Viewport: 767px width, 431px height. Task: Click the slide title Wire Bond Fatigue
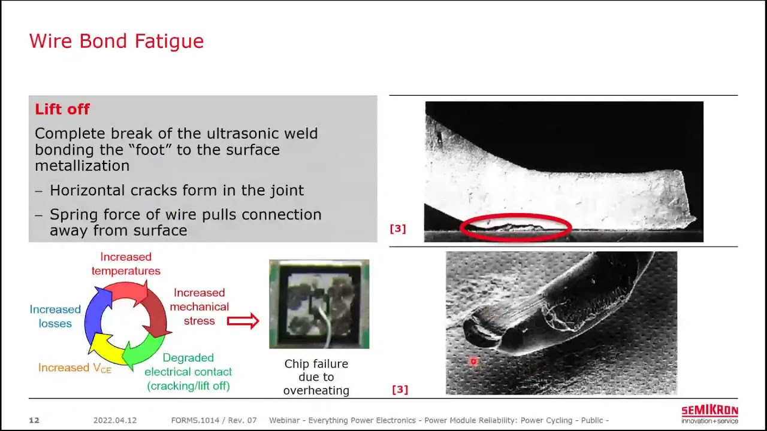coord(116,41)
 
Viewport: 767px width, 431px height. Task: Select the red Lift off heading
coord(62,109)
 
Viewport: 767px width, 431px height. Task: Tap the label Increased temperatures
coord(126,264)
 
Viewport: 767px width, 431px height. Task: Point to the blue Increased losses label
coord(55,316)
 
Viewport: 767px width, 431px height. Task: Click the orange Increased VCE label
coord(75,368)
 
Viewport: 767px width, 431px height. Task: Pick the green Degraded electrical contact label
coord(188,372)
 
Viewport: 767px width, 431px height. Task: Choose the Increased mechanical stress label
coord(199,306)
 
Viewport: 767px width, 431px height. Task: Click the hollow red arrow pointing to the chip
coord(243,321)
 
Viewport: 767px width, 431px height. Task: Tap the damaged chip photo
coord(319,303)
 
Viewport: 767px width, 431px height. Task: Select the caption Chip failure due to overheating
coord(316,377)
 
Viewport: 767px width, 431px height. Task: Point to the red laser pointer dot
coord(473,362)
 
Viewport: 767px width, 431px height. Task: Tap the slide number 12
coord(34,420)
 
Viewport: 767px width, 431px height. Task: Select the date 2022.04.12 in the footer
coord(115,420)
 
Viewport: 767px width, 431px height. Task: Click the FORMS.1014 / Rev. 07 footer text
coord(214,420)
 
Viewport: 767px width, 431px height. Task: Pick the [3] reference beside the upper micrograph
coord(398,229)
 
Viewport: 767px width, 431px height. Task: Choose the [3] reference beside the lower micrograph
coord(400,390)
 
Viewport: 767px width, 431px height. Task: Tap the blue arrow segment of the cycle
coord(95,311)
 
